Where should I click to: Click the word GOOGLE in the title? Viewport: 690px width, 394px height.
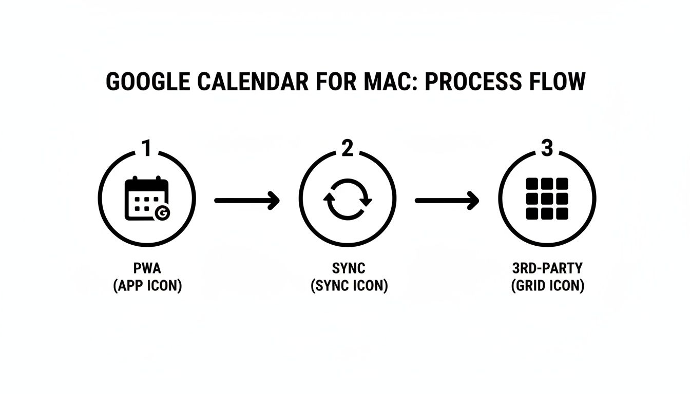148,82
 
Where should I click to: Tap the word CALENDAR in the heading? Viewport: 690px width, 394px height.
253,82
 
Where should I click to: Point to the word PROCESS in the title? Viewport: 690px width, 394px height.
473,82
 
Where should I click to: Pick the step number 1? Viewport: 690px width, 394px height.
147,148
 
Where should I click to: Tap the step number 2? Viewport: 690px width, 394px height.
348,148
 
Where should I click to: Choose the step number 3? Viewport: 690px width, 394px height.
547,148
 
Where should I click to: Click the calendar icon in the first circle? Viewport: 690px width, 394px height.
147,199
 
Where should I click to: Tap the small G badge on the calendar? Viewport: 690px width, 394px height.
162,213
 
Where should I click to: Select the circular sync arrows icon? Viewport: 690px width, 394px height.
348,199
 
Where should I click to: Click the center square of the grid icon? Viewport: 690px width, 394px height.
547,199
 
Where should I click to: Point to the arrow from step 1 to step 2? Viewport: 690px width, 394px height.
247,201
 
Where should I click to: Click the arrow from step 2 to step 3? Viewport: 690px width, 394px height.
447,201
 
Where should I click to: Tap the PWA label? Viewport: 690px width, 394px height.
147,268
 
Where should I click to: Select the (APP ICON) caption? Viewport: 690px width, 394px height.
147,286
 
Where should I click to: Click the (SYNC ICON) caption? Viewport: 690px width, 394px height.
349,286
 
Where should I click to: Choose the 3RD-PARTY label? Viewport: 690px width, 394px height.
547,268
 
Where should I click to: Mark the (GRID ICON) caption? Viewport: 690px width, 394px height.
548,286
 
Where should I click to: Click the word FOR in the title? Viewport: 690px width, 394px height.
336,82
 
